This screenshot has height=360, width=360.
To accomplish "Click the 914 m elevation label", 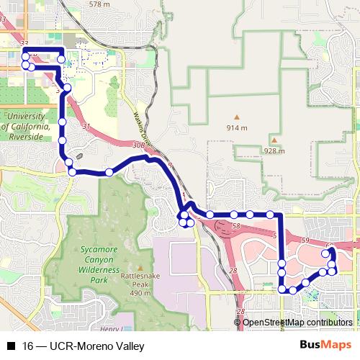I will point(236,127).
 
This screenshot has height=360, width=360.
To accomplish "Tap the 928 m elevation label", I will point(274,151).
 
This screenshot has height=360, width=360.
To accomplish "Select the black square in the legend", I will point(11,346).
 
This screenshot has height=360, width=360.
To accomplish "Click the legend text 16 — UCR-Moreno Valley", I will point(84,346).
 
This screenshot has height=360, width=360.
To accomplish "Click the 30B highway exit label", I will point(139,145).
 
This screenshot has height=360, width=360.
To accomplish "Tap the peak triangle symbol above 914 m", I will point(236,117).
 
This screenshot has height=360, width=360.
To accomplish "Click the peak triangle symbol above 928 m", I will point(274,140).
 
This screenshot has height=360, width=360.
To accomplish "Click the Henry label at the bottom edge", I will point(109,328).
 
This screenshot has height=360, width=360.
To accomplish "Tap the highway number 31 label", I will point(86,127).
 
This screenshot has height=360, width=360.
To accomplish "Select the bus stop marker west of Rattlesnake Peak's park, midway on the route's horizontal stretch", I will point(109,171).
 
